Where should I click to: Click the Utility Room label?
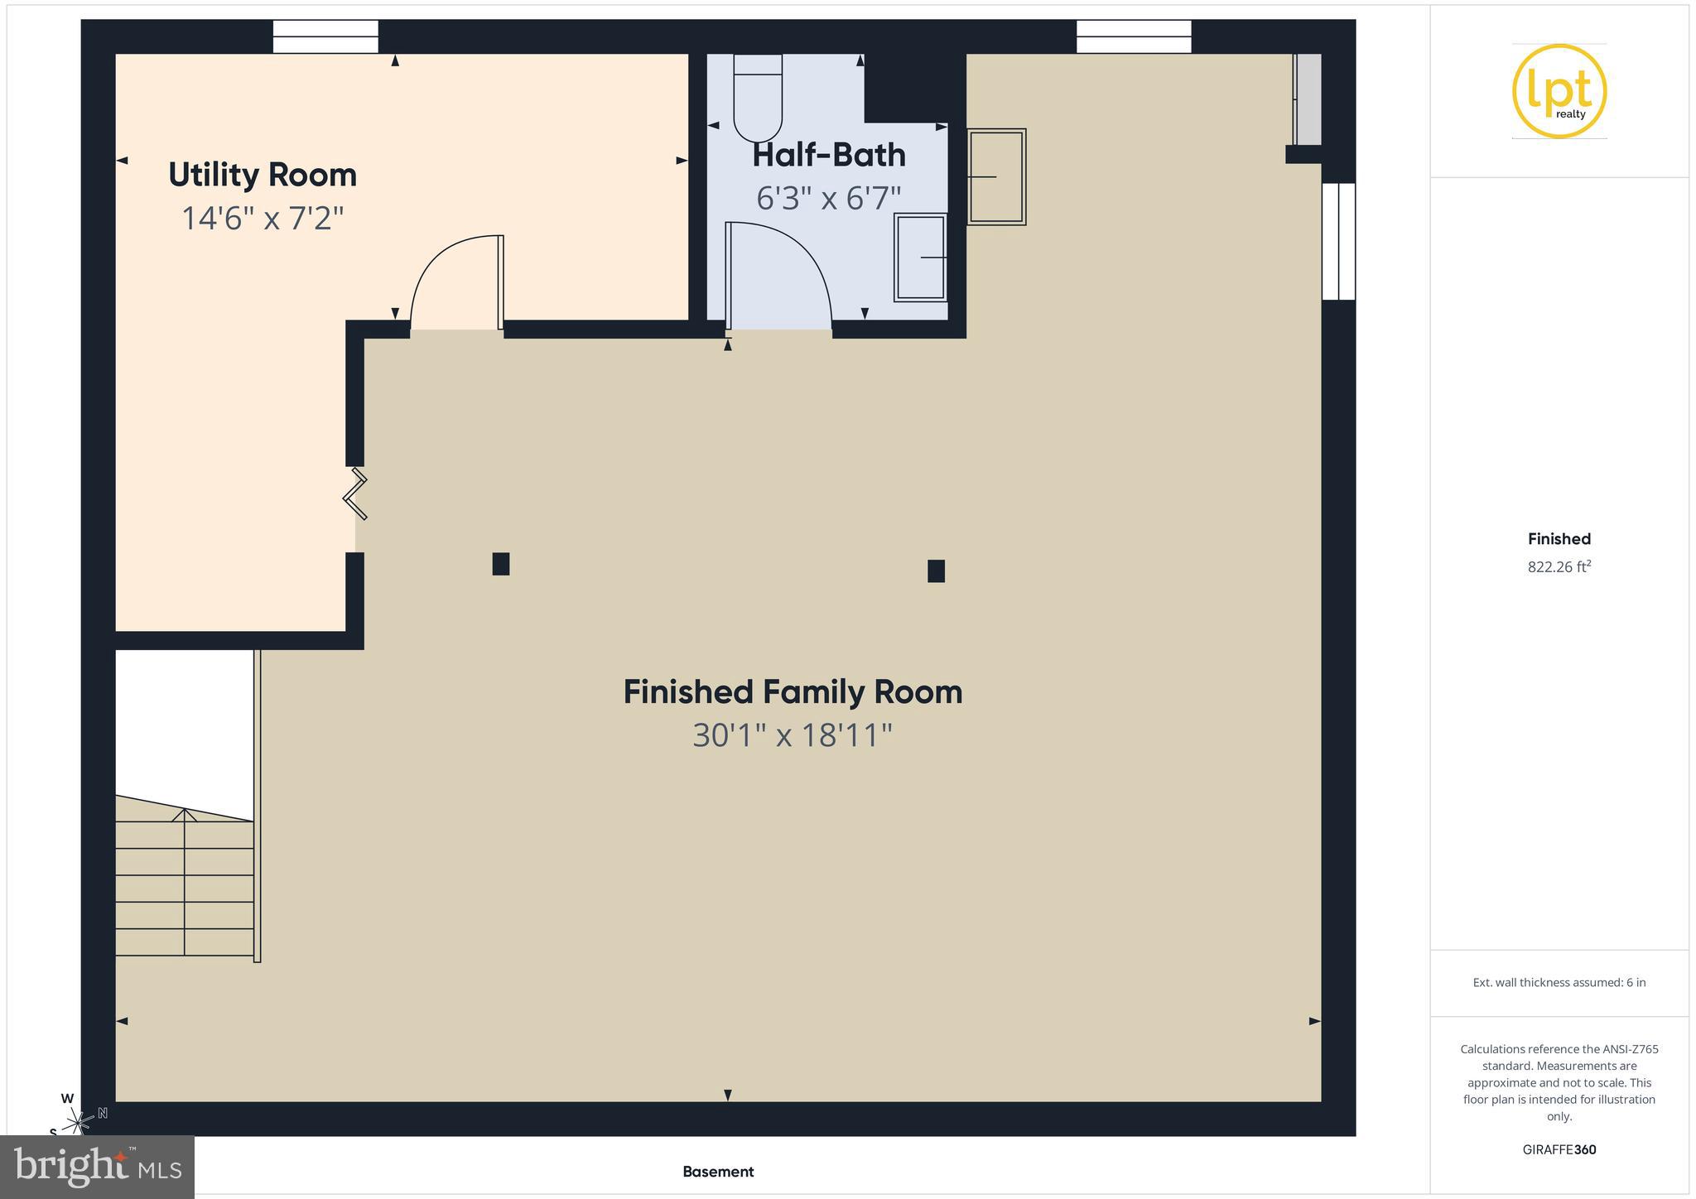pyautogui.click(x=263, y=175)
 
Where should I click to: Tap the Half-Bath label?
pyautogui.click(x=828, y=155)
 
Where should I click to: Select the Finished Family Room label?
pyautogui.click(x=793, y=692)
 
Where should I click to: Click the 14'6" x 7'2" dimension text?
pyautogui.click(x=263, y=219)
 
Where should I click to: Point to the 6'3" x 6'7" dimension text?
pyautogui.click(x=828, y=199)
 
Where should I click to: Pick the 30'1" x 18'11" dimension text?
pyautogui.click(x=793, y=735)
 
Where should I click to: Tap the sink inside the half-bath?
pyautogui.click(x=920, y=258)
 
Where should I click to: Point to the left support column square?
pyautogui.click(x=500, y=564)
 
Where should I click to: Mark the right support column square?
pyautogui.click(x=936, y=571)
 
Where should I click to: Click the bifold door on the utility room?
pyautogui.click(x=356, y=495)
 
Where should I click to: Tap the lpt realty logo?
pyautogui.click(x=1559, y=91)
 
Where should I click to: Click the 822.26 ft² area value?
pyautogui.click(x=1559, y=567)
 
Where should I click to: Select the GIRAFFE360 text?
pyautogui.click(x=1559, y=1149)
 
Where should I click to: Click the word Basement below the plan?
pyautogui.click(x=718, y=1172)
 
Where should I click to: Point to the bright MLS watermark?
pyautogui.click(x=98, y=1166)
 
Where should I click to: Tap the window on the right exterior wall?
pyautogui.click(x=1337, y=241)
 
